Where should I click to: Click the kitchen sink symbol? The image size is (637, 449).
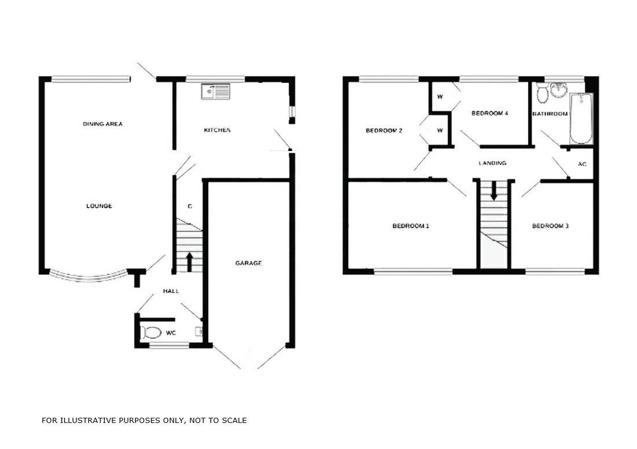tap(215, 91)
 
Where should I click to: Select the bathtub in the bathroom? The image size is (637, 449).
tap(580, 119)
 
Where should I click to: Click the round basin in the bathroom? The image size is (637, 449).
tap(558, 90)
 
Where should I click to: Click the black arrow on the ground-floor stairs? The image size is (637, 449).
tap(189, 262)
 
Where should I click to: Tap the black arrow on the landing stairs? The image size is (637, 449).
tap(494, 191)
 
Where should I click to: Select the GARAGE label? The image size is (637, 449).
tap(248, 263)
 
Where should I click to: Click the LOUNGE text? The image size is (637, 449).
tap(99, 206)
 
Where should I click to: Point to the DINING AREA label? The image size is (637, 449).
tap(102, 124)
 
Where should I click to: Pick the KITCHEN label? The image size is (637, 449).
tap(217, 130)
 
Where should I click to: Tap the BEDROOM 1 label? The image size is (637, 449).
tap(411, 226)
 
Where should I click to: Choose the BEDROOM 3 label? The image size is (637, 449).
tap(550, 226)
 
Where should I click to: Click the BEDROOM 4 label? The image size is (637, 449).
tap(489, 113)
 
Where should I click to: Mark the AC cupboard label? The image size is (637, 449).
tap(582, 164)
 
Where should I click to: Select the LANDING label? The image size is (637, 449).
tap(492, 163)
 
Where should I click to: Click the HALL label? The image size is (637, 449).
tap(171, 291)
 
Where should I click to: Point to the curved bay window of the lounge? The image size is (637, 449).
tap(87, 278)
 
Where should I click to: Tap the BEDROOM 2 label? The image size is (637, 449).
tap(384, 131)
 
